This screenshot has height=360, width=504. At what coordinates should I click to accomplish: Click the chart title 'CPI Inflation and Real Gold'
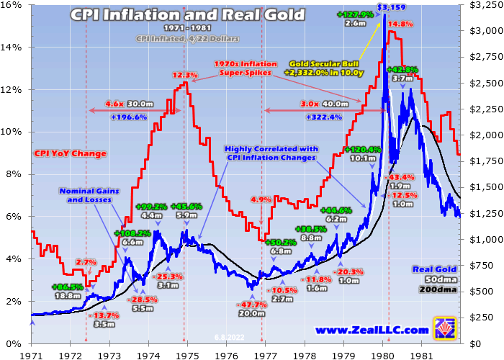187,15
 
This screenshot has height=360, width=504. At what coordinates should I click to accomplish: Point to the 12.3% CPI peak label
185,75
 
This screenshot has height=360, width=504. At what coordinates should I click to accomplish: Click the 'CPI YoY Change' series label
70,153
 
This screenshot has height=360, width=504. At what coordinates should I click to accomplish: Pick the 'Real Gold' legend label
436,269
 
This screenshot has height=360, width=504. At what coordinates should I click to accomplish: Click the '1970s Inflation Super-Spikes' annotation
246,68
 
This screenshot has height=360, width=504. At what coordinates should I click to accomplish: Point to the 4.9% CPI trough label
261,199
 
